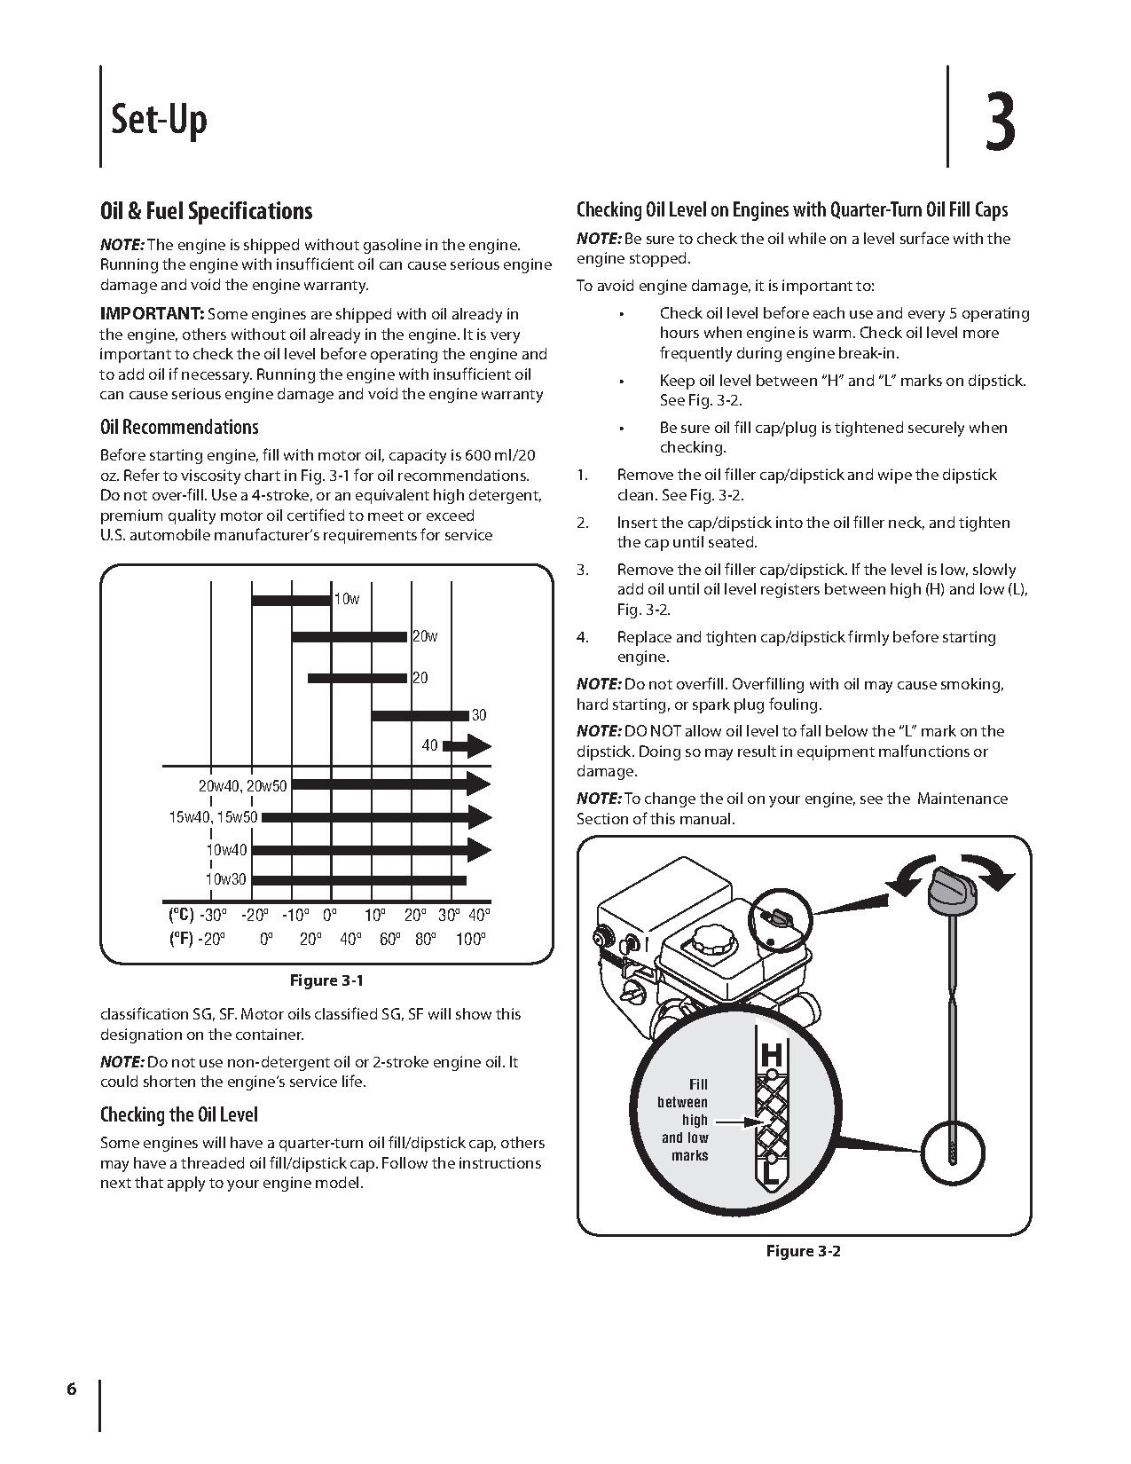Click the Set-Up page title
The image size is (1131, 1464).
[159, 119]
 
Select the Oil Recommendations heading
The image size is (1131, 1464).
[179, 427]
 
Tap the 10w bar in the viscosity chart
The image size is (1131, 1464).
[291, 600]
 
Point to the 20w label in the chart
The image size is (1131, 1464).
[425, 636]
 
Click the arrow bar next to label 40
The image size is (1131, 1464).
[467, 747]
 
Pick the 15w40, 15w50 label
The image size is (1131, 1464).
[213, 817]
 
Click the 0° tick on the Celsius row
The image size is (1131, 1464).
[330, 915]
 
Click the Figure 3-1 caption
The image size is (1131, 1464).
[326, 980]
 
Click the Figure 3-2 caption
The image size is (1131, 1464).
[803, 1251]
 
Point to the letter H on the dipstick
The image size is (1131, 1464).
[772, 1055]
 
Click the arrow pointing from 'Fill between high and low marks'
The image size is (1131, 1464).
[736, 1122]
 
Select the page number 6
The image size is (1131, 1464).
[71, 1389]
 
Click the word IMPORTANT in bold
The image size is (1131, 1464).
[152, 314]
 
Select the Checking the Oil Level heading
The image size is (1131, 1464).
[179, 1114]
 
